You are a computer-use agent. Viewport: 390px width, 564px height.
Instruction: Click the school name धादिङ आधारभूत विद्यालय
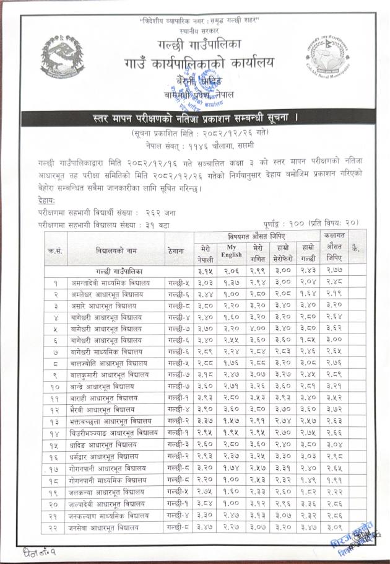pyautogui.click(x=108, y=444)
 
